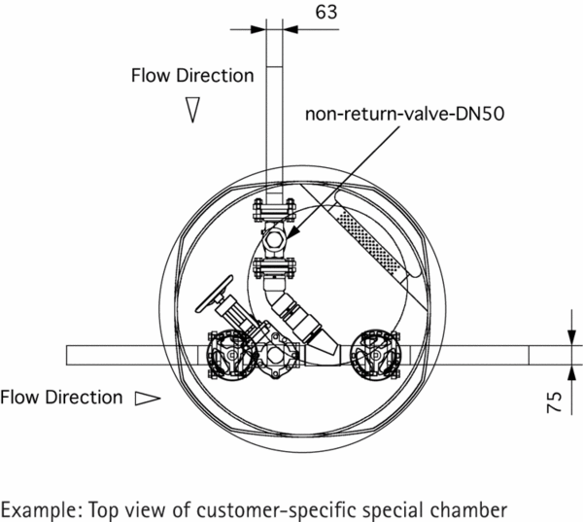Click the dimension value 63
coord(326,12)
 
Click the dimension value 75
coord(554,401)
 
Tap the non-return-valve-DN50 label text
coord(404,114)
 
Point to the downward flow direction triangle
coord(192,110)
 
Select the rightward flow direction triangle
coord(148,399)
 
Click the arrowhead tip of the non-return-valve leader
coord(288,238)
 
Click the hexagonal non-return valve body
coord(274,241)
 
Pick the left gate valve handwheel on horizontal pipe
coord(231,356)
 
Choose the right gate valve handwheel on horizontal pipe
coord(375,355)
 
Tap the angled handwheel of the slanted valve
coord(215,294)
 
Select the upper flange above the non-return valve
coord(274,211)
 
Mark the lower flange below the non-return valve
coord(274,268)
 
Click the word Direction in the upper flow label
coord(215,76)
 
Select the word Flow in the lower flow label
coord(19,398)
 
